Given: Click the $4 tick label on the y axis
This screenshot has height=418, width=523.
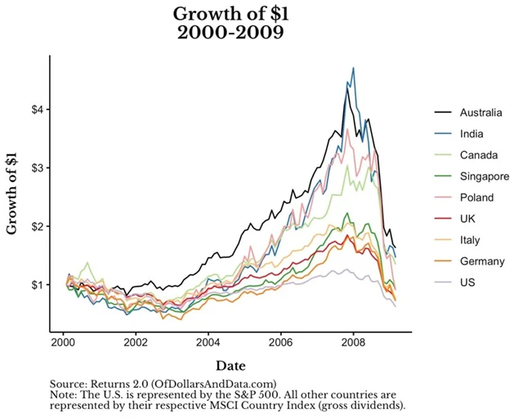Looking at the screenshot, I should click(31, 109).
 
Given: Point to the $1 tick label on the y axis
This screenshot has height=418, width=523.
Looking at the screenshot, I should click(31, 285).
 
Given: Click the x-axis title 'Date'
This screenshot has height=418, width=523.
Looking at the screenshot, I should click(230, 366).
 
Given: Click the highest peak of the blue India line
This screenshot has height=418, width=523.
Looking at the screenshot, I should click(353, 69).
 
